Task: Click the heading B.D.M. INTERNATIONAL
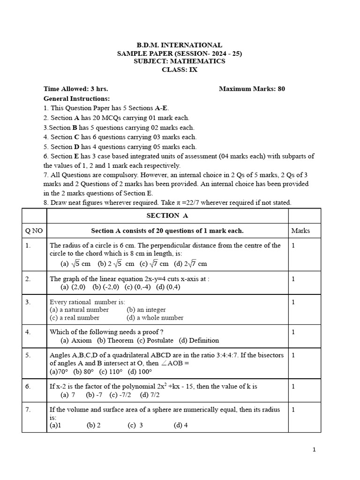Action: [180, 45]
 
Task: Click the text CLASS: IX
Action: [180, 69]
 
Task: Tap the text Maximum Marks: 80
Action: [252, 89]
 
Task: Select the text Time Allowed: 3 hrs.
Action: [75, 89]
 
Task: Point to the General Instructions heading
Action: [76, 98]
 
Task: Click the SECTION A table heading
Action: [167, 216]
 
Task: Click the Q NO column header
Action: [34, 231]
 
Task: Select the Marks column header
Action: [300, 231]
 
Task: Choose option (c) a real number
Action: [75, 318]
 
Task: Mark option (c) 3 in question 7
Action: [135, 426]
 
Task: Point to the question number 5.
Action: [28, 355]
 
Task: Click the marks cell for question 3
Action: [293, 302]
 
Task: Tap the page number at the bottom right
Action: [314, 450]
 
